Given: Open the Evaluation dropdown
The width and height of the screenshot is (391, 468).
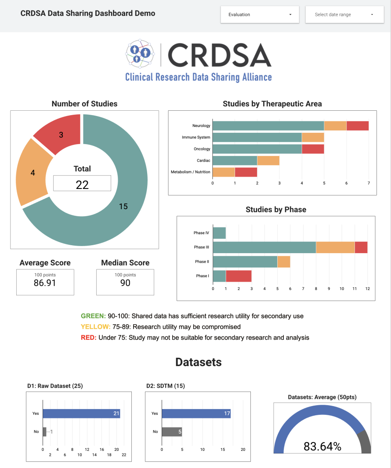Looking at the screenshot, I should click(260, 15).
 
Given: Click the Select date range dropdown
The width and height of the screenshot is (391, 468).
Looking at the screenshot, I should click(344, 15).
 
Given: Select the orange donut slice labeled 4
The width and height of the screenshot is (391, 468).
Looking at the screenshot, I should click(32, 172).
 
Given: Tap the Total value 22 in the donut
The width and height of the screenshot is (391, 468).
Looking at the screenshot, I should click(82, 184).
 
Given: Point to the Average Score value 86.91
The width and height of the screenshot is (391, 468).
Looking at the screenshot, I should click(45, 283).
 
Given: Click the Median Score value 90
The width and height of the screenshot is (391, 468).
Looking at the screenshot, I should click(125, 283).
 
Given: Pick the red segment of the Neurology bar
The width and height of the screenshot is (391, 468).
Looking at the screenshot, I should click(357, 126).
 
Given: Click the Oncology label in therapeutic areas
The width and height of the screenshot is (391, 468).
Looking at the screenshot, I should click(202, 149).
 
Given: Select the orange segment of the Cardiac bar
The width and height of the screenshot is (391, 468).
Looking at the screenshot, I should click(268, 160).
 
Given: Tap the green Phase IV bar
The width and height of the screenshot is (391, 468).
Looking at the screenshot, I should click(219, 233).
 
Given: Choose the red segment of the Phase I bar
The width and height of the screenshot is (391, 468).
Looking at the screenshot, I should click(239, 276).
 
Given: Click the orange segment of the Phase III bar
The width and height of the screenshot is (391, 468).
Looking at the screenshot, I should click(335, 247).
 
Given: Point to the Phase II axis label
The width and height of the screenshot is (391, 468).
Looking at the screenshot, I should click(202, 261).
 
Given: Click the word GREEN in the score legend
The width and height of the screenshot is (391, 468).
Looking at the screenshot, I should click(93, 316).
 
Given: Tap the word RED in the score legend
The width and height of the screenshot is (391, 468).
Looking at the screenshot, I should click(88, 337).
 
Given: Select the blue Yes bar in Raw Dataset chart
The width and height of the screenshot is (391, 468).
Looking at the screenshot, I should click(81, 414).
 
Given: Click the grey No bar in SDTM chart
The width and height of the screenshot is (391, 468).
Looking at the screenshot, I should click(172, 432).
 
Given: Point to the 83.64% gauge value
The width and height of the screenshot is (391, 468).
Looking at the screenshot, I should click(322, 446).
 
